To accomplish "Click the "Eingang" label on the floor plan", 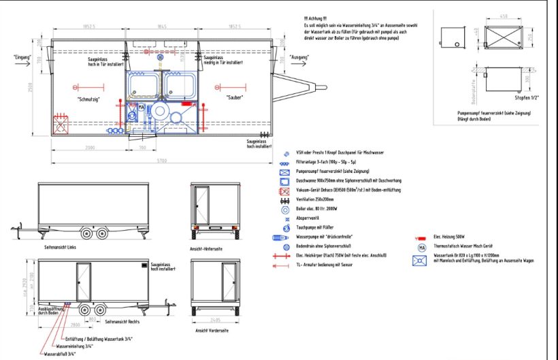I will click(22, 57).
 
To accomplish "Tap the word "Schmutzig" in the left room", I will click(89, 99).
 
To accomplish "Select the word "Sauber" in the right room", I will click(235, 97).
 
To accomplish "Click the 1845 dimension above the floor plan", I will click(161, 27).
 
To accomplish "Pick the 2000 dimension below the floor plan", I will click(91, 148).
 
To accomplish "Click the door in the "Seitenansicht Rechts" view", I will click(83, 282).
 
